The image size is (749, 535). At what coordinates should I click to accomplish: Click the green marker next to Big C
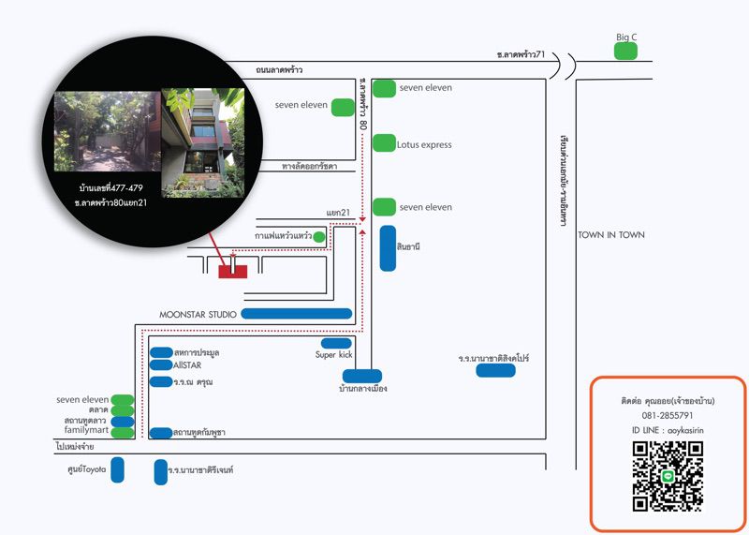[x=626, y=52]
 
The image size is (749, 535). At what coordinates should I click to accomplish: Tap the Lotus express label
[x=424, y=145]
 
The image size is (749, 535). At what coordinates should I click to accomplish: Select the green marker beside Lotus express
[x=384, y=143]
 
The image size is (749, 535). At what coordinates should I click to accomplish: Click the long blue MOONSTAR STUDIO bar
[x=297, y=314]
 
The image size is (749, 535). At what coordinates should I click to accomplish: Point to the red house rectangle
[x=233, y=271]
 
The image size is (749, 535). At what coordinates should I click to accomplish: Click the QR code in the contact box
[x=668, y=476]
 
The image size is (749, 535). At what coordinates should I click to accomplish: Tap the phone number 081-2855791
[x=668, y=415]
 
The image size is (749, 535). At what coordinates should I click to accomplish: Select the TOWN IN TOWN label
[x=611, y=235]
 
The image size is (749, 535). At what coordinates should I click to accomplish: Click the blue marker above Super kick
[x=336, y=343]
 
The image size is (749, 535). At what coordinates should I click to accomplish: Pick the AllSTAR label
[x=188, y=364]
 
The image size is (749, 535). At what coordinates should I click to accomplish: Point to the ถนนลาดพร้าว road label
[x=279, y=70]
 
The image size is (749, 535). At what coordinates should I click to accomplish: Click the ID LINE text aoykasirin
[x=668, y=430]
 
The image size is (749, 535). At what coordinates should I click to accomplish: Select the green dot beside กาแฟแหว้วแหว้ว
[x=319, y=237]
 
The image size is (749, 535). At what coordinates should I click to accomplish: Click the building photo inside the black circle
[x=202, y=142]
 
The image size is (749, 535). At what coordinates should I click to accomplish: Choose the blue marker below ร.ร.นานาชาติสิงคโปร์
[x=495, y=371]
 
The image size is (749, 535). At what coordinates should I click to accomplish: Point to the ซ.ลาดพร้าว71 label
[x=521, y=55]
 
